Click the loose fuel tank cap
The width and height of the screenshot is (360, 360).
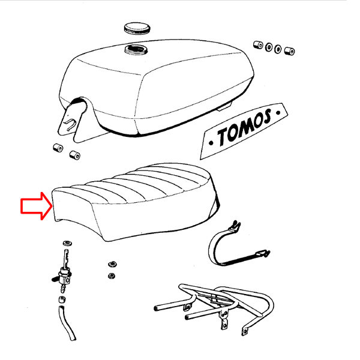point(137,28)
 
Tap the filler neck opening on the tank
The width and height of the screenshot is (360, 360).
point(136,50)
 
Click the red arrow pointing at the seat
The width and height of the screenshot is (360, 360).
point(37,206)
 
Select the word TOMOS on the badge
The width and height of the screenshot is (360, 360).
point(244,128)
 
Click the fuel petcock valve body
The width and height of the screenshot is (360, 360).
point(65,277)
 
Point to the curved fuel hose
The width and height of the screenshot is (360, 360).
point(67,323)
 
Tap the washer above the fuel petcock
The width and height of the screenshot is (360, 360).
point(67,242)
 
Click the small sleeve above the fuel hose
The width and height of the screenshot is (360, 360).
point(62,300)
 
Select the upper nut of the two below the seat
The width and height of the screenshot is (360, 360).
point(112,264)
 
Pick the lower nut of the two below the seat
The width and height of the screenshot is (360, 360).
point(112,276)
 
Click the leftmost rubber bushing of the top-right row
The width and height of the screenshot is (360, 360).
point(258,45)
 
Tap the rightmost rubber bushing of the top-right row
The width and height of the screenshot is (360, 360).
point(290,51)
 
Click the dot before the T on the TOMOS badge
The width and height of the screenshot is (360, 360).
point(211,143)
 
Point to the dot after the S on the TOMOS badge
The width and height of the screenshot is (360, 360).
point(278,113)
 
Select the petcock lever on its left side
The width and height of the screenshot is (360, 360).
point(55,279)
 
